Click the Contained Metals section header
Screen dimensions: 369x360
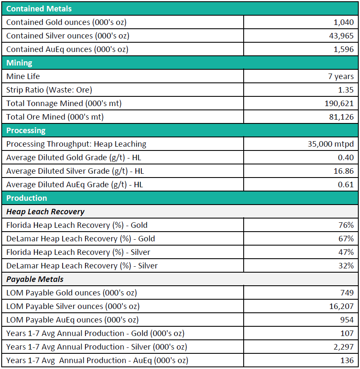coord(39,8)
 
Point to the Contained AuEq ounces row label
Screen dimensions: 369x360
coord(67,49)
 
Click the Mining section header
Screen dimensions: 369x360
coord(19,63)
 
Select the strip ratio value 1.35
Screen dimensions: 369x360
coord(346,90)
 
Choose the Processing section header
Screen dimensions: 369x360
coord(26,131)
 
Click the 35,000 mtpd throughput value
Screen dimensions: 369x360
coord(330,144)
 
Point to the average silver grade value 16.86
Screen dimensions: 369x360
coord(344,171)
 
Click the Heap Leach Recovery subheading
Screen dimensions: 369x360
coord(45,212)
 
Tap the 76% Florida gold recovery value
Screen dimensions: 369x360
coord(346,225)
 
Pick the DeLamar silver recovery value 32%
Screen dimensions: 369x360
coord(346,266)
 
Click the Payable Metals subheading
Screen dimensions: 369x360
coord(35,279)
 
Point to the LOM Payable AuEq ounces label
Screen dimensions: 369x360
coord(72,320)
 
